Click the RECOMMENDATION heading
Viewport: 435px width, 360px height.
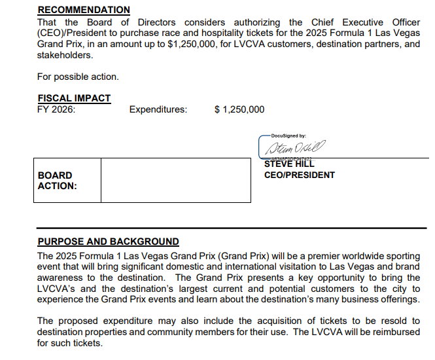coord(84,10)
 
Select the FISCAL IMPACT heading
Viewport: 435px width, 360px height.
coord(74,98)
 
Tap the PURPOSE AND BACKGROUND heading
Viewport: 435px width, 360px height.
coord(108,242)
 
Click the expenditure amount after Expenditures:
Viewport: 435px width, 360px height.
coord(239,109)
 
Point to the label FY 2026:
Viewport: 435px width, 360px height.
coord(56,109)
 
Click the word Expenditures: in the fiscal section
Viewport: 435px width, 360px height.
coord(158,109)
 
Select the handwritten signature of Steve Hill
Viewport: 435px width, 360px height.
coord(294,147)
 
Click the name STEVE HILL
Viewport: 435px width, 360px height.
coord(289,164)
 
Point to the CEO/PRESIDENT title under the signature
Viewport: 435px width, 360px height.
coord(299,175)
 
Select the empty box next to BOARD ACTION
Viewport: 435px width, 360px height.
coord(175,181)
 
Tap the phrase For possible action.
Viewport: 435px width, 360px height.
coord(78,77)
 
